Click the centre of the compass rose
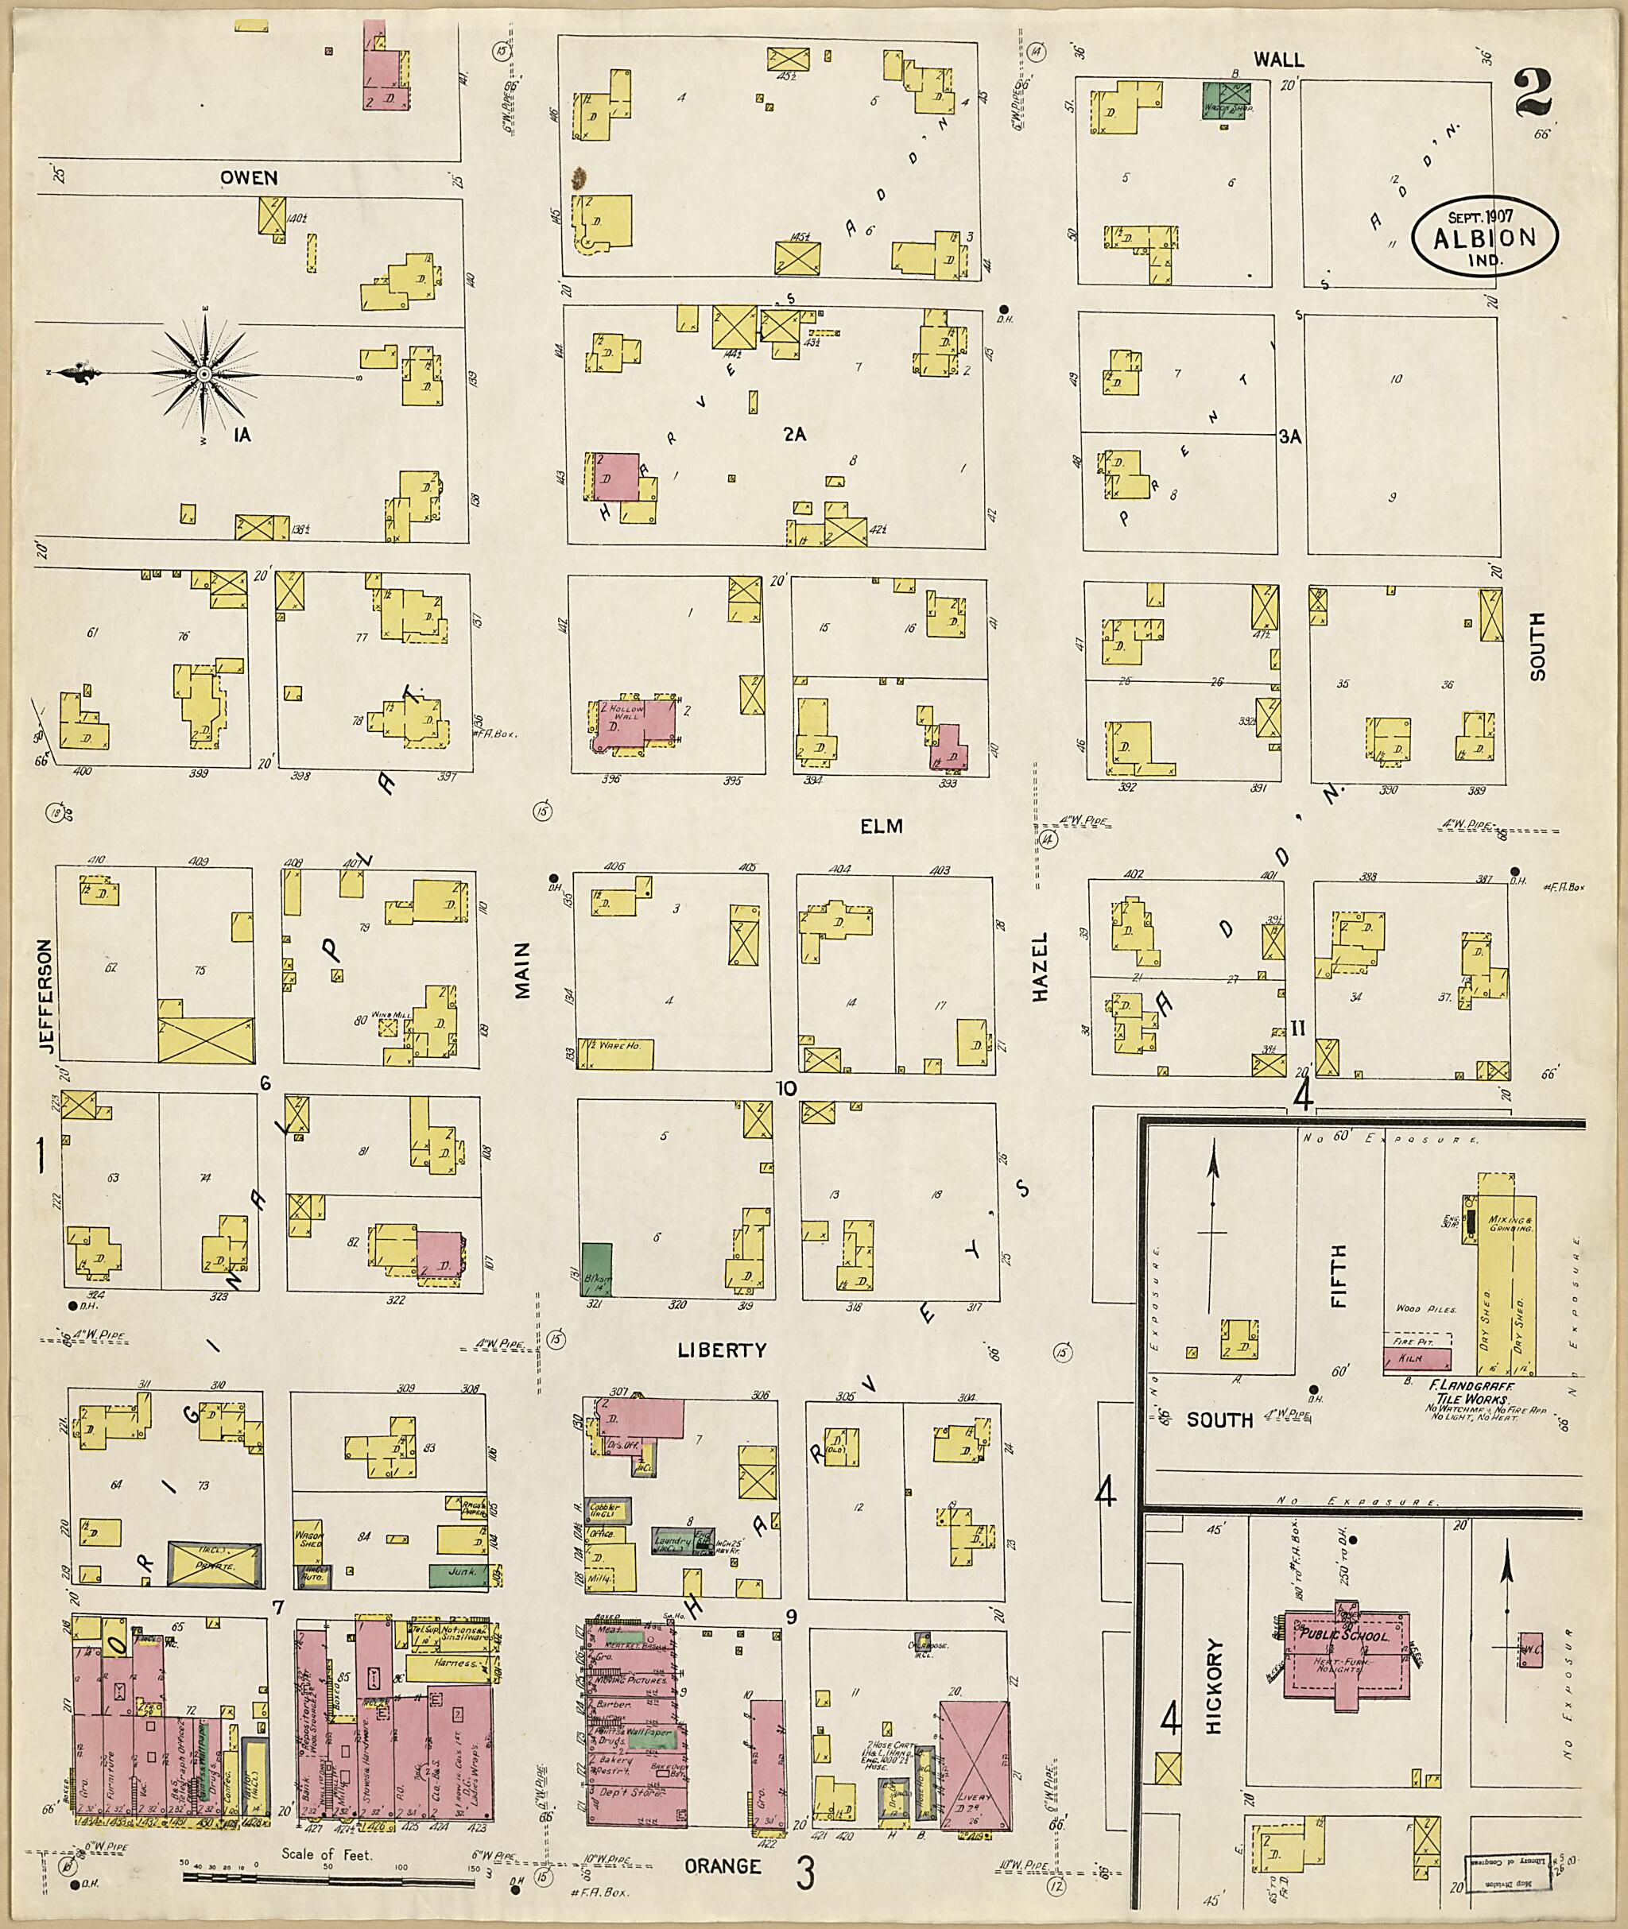202,374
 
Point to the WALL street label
1278,60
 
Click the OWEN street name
249,177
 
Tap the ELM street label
881,827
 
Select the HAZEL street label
1041,966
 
